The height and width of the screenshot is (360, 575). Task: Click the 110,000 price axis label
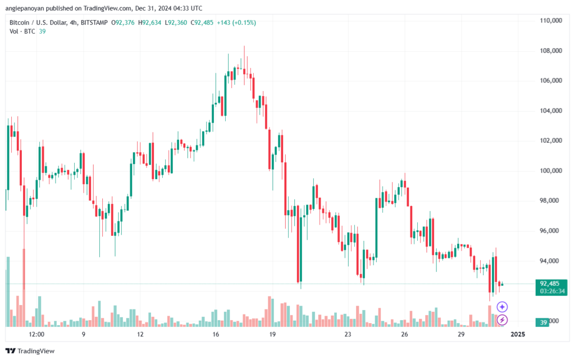click(551, 21)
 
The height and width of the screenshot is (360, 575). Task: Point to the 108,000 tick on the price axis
click(551, 51)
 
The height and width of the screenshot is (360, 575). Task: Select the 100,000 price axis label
click(551, 171)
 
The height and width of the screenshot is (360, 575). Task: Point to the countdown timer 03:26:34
click(552, 291)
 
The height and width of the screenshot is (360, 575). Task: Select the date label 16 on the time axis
click(216, 334)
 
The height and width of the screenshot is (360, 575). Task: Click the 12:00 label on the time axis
click(36, 334)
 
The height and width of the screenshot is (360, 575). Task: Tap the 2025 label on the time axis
click(518, 334)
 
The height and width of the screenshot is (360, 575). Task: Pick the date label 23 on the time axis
click(348, 334)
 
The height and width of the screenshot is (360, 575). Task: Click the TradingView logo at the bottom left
click(30, 351)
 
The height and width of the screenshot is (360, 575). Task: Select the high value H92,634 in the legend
click(149, 22)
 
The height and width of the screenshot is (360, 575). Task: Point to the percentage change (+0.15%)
click(244, 22)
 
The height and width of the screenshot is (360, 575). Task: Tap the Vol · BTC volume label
click(22, 31)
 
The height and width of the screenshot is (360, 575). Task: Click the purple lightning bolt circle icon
click(502, 320)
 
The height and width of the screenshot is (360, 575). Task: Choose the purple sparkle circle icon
click(502, 307)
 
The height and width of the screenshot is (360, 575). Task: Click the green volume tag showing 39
click(542, 322)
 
